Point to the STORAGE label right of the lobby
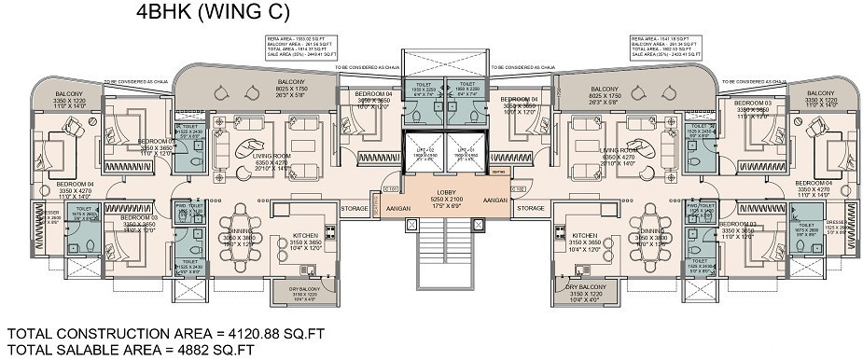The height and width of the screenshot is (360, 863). click(x=531, y=208)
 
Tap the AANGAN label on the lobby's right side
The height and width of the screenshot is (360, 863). click(x=495, y=201)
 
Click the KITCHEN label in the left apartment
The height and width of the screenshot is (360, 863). click(x=305, y=236)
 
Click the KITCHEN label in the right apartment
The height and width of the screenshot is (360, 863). click(x=585, y=236)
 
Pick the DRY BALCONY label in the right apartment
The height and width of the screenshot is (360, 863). click(x=586, y=290)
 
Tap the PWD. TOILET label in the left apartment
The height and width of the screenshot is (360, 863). click(x=188, y=206)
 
